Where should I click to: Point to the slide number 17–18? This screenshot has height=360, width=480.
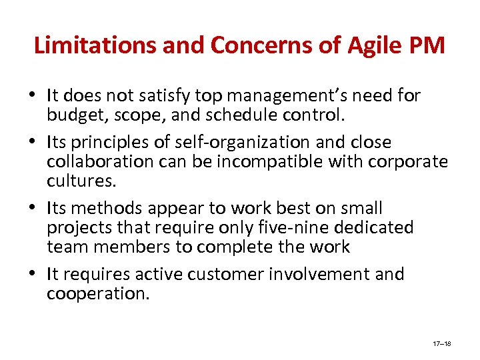pyautogui.click(x=442, y=343)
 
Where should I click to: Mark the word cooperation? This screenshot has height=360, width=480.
pyautogui.click(x=98, y=293)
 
